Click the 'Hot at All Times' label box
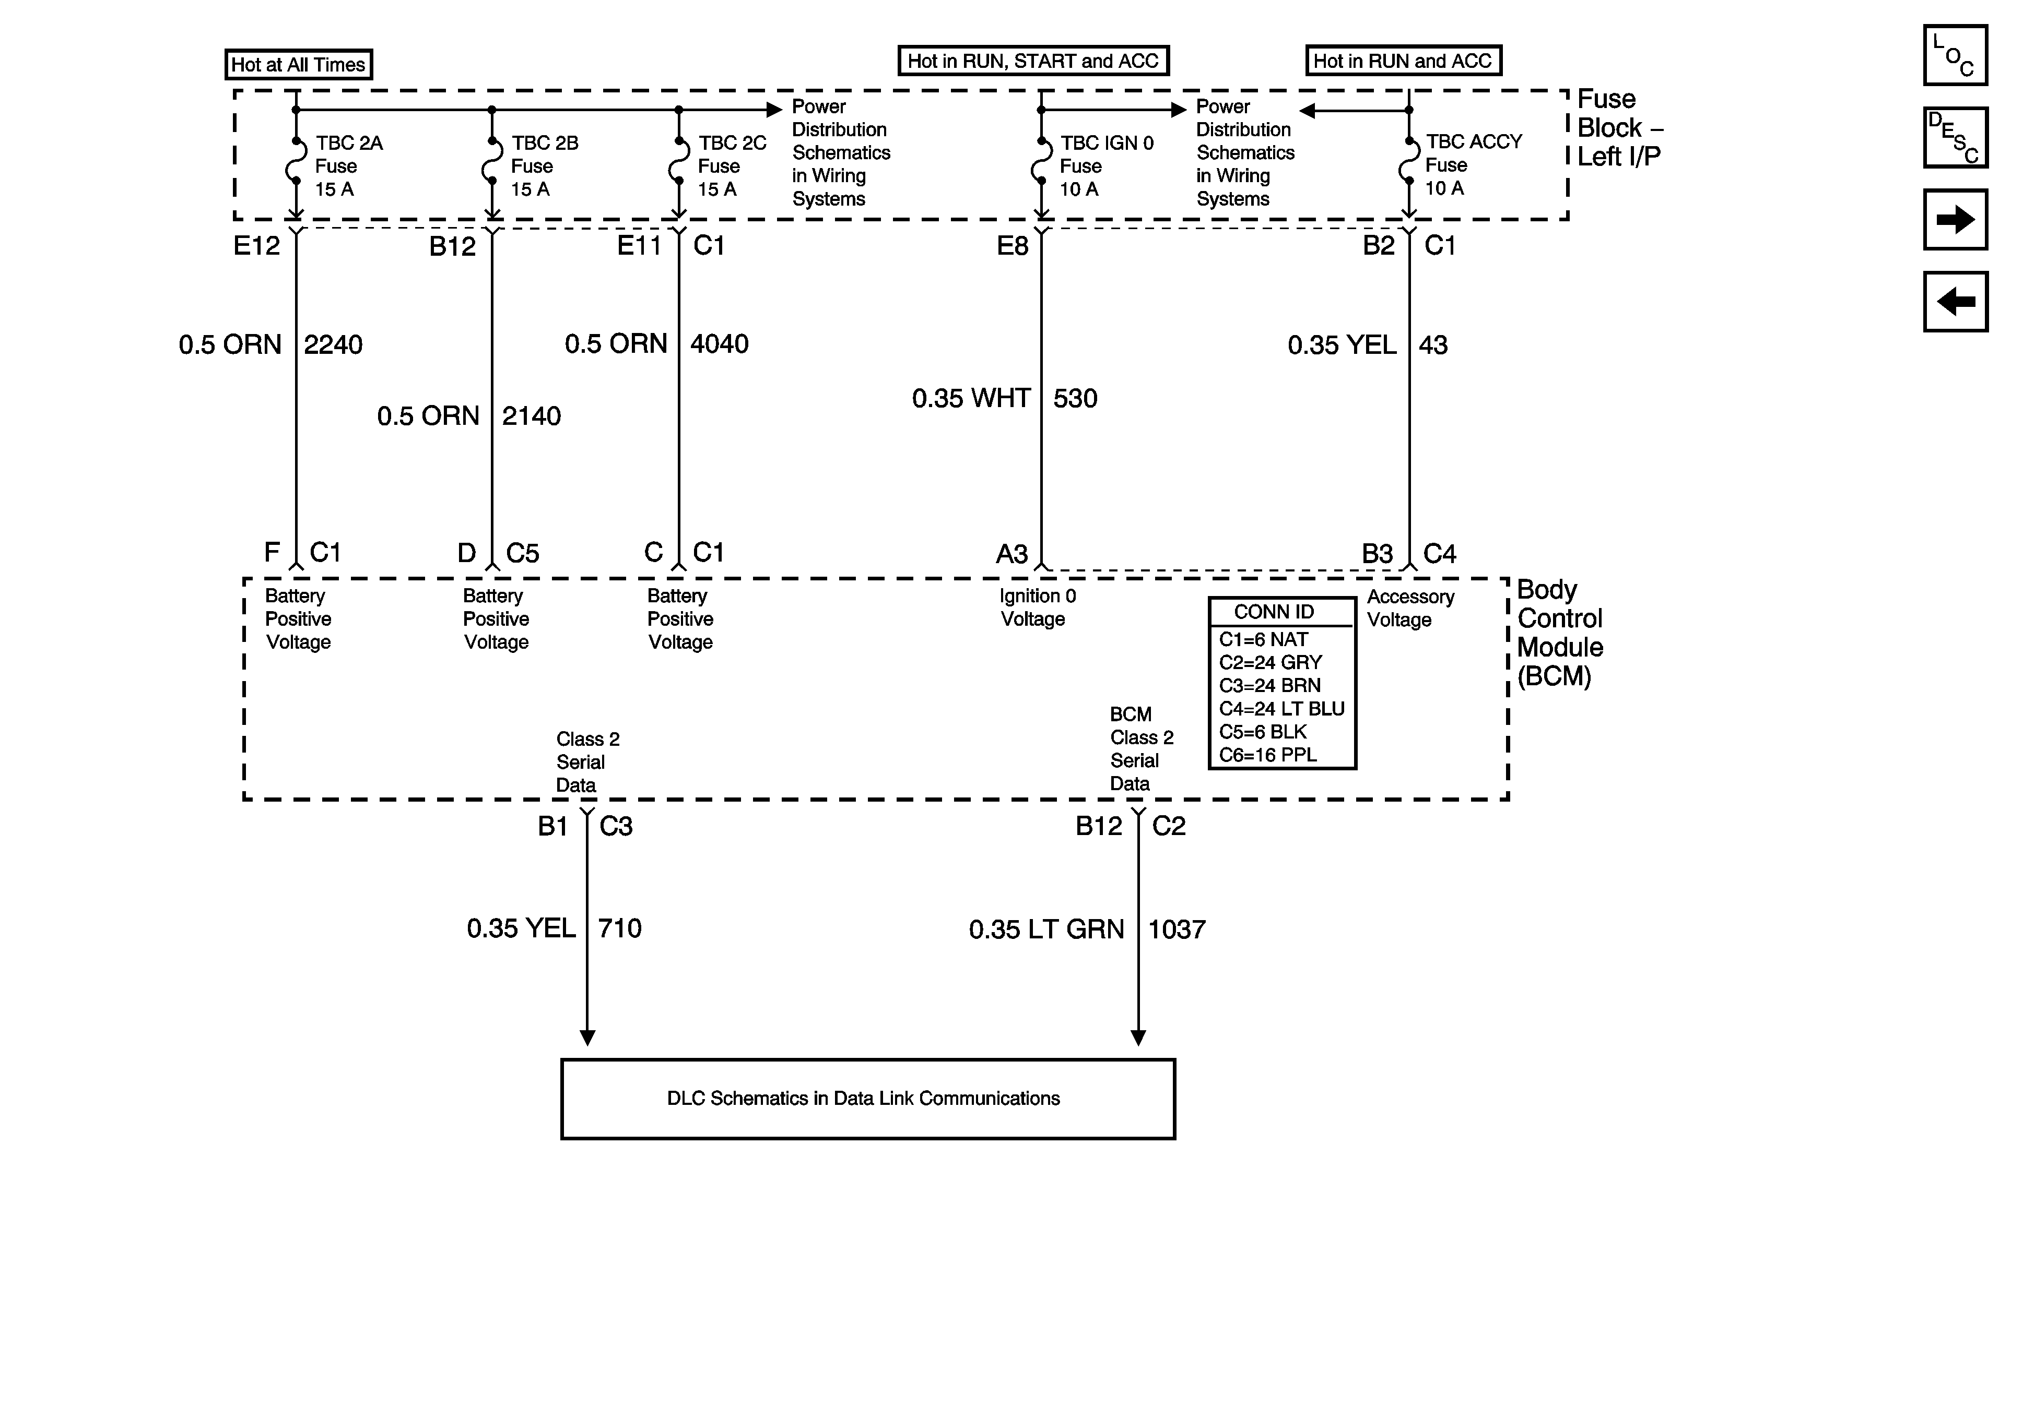point(298,64)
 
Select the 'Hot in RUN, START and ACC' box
point(1032,61)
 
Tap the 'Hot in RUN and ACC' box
point(1403,61)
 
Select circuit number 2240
point(333,344)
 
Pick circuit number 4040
point(719,343)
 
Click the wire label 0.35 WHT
point(971,398)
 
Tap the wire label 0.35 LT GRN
point(1046,929)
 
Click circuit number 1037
point(1177,929)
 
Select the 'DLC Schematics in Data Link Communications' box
point(868,1098)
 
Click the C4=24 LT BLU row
point(1281,709)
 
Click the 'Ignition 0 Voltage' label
point(1037,607)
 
